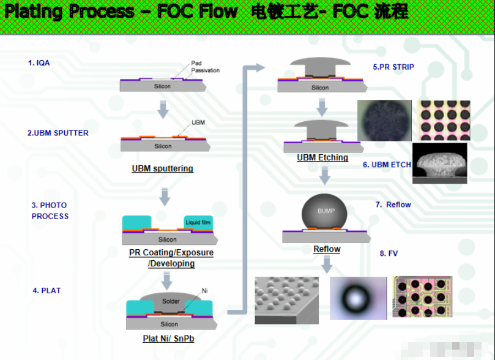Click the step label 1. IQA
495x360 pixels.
pyautogui.click(x=39, y=62)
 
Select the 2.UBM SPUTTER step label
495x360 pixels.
pyautogui.click(x=58, y=133)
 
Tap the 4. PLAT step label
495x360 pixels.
pyautogui.click(x=47, y=291)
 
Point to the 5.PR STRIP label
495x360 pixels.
pyautogui.click(x=393, y=67)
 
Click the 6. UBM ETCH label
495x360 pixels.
pyautogui.click(x=387, y=165)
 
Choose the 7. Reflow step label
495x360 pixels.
pyautogui.click(x=393, y=204)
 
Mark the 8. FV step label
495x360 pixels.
pyautogui.click(x=389, y=253)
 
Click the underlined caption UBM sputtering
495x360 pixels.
pyautogui.click(x=162, y=168)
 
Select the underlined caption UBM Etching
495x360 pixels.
pyautogui.click(x=322, y=157)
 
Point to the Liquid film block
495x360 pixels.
pyautogui.click(x=198, y=222)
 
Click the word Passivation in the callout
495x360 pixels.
pyautogui.click(x=205, y=70)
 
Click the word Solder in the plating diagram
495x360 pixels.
pyautogui.click(x=171, y=301)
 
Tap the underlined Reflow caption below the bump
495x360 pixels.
pyautogui.click(x=327, y=249)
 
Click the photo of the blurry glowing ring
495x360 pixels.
pyautogui.click(x=358, y=298)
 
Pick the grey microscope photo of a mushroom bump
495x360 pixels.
pyautogui.click(x=440, y=163)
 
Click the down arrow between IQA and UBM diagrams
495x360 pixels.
pyautogui.click(x=163, y=109)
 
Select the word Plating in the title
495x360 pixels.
pyautogui.click(x=34, y=12)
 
